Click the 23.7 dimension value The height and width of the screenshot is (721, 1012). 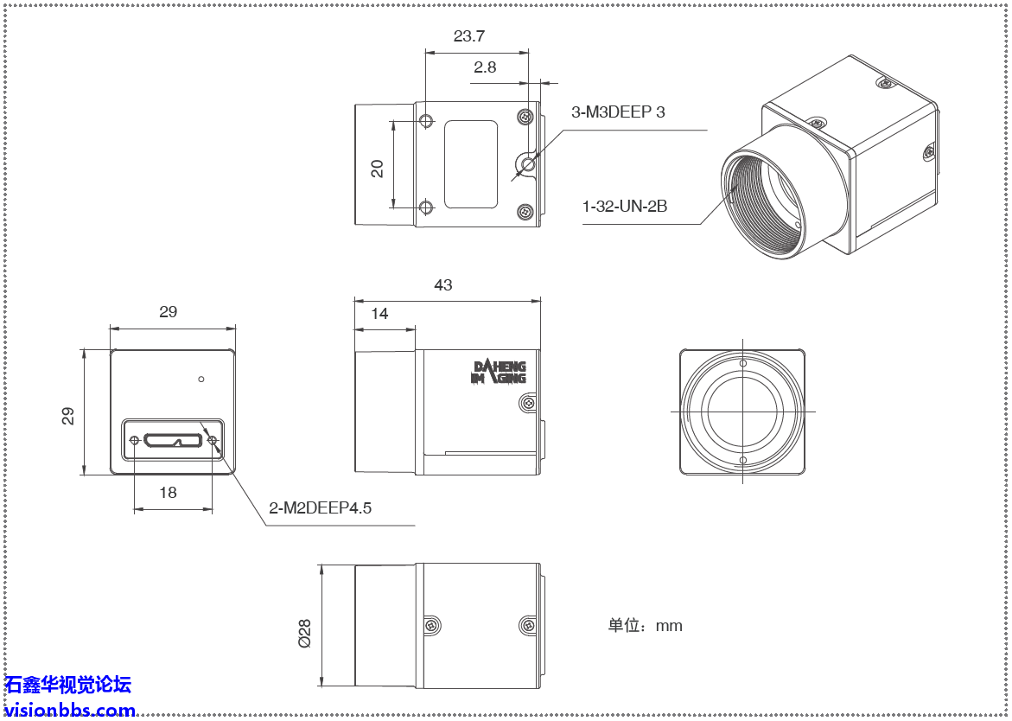click(468, 36)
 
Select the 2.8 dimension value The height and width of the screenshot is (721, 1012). click(485, 67)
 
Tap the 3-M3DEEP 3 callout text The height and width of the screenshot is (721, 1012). click(618, 112)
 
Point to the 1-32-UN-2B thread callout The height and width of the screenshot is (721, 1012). click(624, 207)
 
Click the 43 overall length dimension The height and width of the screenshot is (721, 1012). click(443, 285)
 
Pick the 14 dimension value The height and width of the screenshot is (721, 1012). click(379, 314)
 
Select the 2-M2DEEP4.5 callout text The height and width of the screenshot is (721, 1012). click(320, 508)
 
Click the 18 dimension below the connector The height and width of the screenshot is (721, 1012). click(168, 492)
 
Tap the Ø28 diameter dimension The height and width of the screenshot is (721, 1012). click(304, 632)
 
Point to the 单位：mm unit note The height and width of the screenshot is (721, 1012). click(645, 626)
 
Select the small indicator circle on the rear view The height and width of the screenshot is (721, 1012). click(201, 379)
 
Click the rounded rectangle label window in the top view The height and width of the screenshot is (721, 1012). click(471, 164)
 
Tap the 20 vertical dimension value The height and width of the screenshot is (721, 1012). click(378, 168)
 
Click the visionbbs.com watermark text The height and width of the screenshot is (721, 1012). click(69, 711)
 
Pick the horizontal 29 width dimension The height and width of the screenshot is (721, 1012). click(168, 312)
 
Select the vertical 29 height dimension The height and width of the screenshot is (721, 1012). click(68, 416)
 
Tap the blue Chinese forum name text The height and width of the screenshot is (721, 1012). click(68, 686)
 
